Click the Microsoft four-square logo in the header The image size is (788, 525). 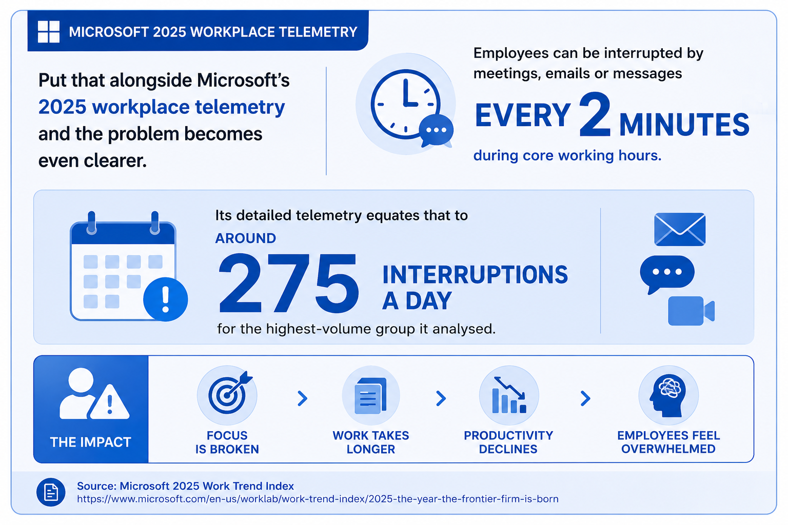[x=49, y=32]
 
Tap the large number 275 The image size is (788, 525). [x=289, y=284]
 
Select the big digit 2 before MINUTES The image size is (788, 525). [x=595, y=115]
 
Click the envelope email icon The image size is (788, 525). [x=680, y=229]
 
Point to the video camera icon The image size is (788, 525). [x=691, y=311]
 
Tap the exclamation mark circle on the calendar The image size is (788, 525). [x=165, y=299]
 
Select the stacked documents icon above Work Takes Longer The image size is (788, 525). [x=371, y=395]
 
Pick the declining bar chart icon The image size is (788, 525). [x=509, y=395]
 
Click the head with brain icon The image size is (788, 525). [x=667, y=396]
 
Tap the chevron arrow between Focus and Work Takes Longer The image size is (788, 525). [x=303, y=398]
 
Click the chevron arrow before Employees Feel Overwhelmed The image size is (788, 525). [x=585, y=398]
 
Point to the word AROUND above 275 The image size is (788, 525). [x=246, y=238]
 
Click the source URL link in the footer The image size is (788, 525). [x=318, y=499]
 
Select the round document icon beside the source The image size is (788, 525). [x=51, y=492]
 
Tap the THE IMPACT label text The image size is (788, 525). [x=91, y=442]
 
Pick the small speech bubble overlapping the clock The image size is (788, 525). [x=436, y=130]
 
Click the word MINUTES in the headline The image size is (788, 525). [x=684, y=125]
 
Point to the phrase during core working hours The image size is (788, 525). [x=567, y=155]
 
